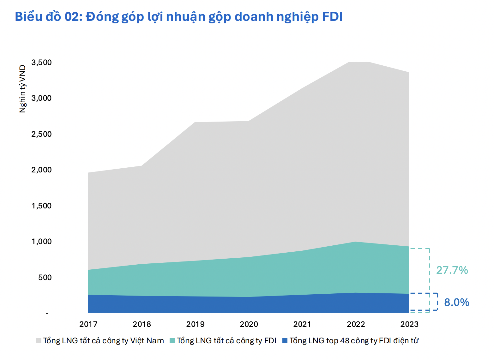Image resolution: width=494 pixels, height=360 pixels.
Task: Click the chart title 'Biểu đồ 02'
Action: [178, 17]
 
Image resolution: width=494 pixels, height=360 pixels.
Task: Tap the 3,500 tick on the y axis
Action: [41, 63]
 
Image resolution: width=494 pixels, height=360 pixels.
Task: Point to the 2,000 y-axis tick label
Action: [41, 170]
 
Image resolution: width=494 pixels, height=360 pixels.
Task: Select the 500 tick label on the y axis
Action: [45, 278]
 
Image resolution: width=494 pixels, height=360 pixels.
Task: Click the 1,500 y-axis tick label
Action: [41, 206]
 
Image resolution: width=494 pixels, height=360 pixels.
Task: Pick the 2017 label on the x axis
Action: [88, 324]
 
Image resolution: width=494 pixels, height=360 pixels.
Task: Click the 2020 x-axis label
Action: [249, 324]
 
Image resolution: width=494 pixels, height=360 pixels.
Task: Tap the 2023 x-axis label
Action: [409, 324]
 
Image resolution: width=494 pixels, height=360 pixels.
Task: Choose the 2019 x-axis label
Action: [196, 324]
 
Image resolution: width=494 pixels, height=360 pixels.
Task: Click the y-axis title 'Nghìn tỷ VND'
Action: [22, 89]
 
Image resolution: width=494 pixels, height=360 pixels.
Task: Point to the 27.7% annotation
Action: [452, 270]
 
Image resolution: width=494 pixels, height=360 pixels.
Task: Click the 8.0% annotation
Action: [456, 303]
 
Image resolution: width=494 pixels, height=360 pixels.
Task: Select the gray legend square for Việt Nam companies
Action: [39, 341]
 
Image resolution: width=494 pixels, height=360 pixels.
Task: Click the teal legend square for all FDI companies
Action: [172, 341]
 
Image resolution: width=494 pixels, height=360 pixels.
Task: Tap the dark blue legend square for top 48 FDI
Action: [285, 341]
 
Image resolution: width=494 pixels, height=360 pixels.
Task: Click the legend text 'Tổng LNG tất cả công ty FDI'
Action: [226, 341]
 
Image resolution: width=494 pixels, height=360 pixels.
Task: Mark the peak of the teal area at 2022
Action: [356, 242]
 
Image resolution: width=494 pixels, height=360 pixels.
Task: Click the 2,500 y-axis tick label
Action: [41, 134]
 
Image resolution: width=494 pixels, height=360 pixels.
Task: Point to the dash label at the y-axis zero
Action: [47, 314]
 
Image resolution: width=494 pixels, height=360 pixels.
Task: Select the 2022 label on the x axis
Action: [356, 324]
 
